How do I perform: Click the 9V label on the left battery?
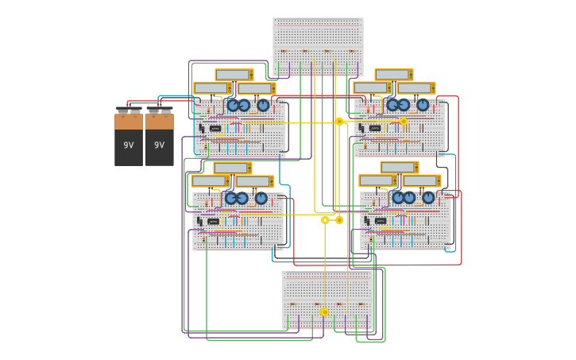click(x=128, y=145)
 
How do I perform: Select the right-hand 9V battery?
click(x=159, y=137)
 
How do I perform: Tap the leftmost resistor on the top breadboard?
click(x=284, y=52)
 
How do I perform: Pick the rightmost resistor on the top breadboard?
click(x=352, y=52)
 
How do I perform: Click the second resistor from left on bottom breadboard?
click(x=317, y=304)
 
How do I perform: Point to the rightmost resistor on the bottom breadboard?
click(x=361, y=304)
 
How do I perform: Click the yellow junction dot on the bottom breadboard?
click(x=324, y=312)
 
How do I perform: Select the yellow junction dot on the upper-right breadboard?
click(x=404, y=122)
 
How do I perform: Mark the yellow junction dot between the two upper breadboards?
click(x=339, y=122)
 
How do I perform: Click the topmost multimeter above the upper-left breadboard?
click(x=234, y=75)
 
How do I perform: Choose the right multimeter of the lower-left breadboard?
click(x=254, y=181)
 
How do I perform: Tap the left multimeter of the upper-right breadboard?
click(x=372, y=88)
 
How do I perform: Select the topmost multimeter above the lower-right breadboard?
click(x=399, y=168)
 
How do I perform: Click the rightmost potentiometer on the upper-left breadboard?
click(x=263, y=105)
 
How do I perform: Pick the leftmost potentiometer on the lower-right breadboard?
click(x=399, y=197)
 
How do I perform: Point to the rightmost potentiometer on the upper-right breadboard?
click(x=423, y=105)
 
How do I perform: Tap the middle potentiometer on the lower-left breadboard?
click(x=242, y=198)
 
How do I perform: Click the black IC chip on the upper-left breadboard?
click(x=215, y=128)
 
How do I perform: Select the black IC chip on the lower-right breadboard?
click(x=381, y=221)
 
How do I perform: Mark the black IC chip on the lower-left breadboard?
click(x=213, y=221)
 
